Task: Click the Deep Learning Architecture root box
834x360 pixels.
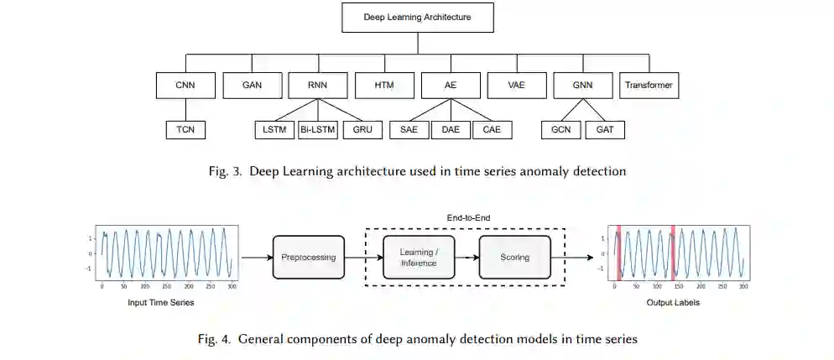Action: [x=417, y=17]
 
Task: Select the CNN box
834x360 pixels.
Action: [x=185, y=86]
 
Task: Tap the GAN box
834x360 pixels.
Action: [x=252, y=86]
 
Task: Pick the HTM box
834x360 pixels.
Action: [x=384, y=86]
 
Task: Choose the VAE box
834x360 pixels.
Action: [x=516, y=86]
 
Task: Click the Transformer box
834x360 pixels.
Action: [x=649, y=86]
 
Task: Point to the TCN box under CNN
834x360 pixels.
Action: [x=185, y=130]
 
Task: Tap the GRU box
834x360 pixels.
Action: [x=362, y=130]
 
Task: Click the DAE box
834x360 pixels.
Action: [x=450, y=130]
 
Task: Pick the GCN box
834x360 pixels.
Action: [x=560, y=130]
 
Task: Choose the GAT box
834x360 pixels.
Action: [x=604, y=130]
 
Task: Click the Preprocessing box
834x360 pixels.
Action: [x=309, y=257]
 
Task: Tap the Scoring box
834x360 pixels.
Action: [x=514, y=257]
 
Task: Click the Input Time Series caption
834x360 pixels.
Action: [x=168, y=302]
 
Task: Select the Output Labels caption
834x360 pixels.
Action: [x=673, y=302]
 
